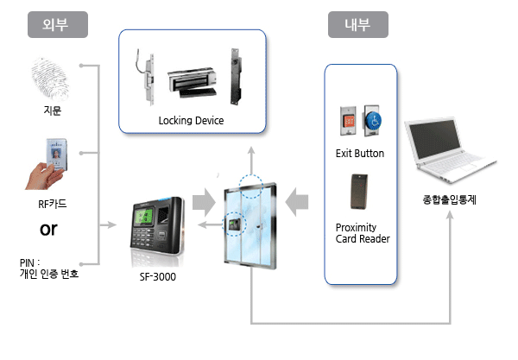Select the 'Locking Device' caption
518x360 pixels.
(x=191, y=121)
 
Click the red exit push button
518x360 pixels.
(x=349, y=121)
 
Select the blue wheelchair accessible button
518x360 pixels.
(x=373, y=121)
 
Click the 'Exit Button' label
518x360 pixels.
(x=360, y=154)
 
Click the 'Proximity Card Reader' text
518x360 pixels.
(x=362, y=233)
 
